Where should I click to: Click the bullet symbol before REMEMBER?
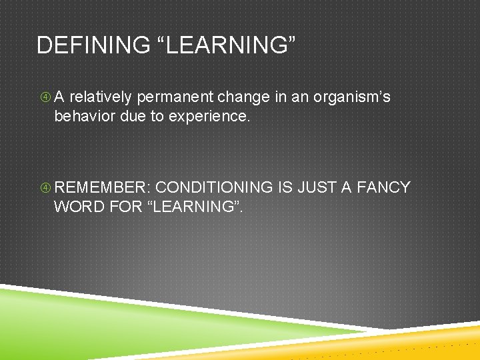coord(44,188)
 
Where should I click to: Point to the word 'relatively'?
coord(101,97)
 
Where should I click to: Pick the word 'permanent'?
coord(170,97)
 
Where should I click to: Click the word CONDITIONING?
coord(214,187)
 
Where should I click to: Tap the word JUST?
coord(315,187)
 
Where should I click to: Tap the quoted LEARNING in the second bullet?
coord(194,207)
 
